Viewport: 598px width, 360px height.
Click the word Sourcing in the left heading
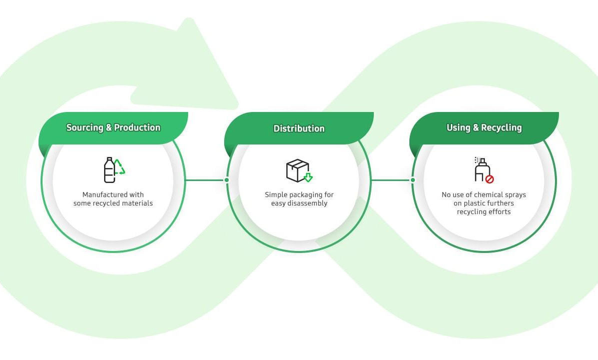(x=85, y=127)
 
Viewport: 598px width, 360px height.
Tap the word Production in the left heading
(x=137, y=127)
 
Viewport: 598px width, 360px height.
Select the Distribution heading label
(x=299, y=128)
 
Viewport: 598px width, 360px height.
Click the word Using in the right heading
(x=458, y=127)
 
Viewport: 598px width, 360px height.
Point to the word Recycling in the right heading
(x=501, y=127)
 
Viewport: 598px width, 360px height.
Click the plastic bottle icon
(x=109, y=170)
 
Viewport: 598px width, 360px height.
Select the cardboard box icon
(x=297, y=170)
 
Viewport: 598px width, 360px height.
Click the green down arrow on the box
(x=308, y=177)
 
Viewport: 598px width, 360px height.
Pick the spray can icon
(x=481, y=170)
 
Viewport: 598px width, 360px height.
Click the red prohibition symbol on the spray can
(x=489, y=178)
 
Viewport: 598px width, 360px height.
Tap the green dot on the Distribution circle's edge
(x=227, y=180)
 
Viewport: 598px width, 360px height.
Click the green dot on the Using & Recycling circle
(x=413, y=180)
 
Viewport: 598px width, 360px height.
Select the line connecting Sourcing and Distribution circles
(x=205, y=180)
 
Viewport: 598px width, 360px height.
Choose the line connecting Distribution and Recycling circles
(x=391, y=180)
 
